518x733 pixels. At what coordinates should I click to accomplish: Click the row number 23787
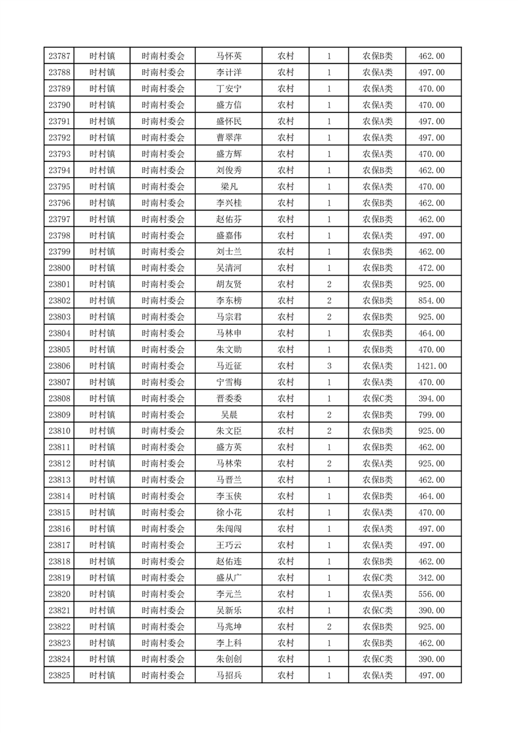pyautogui.click(x=59, y=56)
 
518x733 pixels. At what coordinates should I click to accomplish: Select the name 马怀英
pyautogui.click(x=229, y=56)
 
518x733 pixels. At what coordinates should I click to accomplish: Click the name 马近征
pyautogui.click(x=229, y=366)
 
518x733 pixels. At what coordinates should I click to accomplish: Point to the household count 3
pyautogui.click(x=329, y=366)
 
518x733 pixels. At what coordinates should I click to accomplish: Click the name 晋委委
pyautogui.click(x=229, y=399)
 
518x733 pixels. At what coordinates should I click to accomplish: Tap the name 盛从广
pyautogui.click(x=229, y=578)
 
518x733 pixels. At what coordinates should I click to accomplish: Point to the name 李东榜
pyautogui.click(x=229, y=301)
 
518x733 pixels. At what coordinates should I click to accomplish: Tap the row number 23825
pyautogui.click(x=59, y=676)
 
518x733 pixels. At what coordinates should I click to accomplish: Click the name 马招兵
pyautogui.click(x=229, y=676)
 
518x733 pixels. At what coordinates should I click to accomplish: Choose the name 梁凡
pyautogui.click(x=229, y=187)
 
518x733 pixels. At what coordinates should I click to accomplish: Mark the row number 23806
pyautogui.click(x=59, y=366)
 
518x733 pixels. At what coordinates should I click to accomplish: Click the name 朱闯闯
pyautogui.click(x=229, y=529)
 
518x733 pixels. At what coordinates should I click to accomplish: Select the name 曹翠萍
pyautogui.click(x=229, y=138)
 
